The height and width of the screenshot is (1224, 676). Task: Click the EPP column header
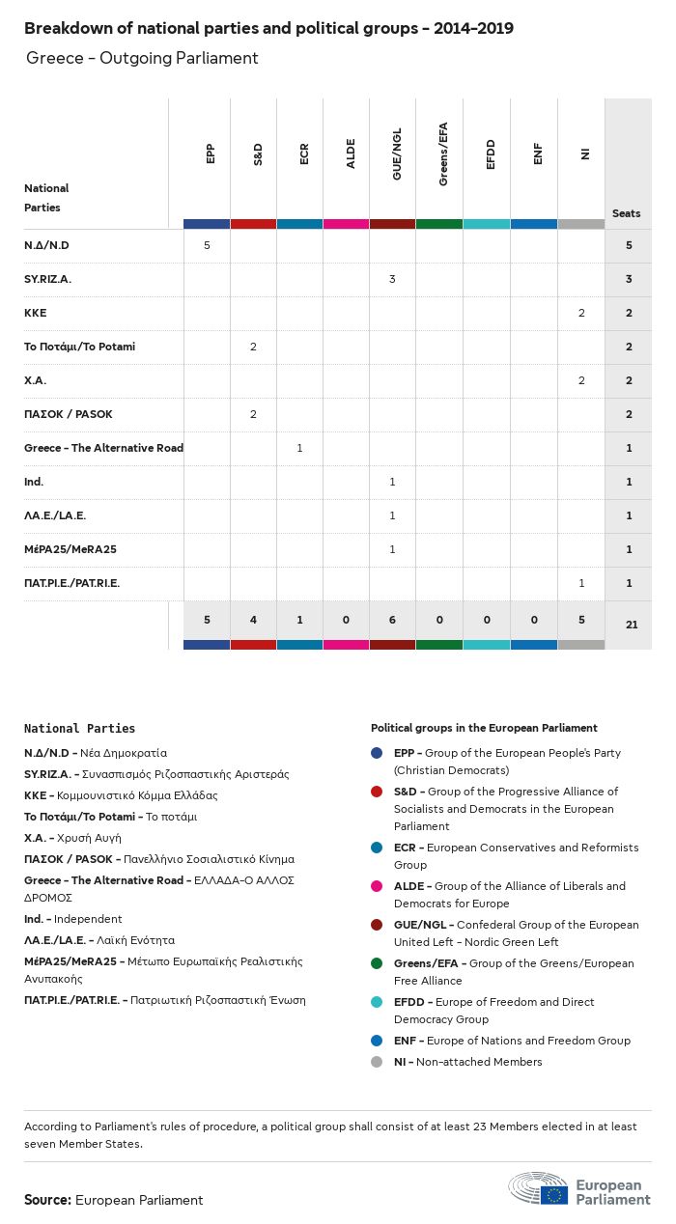[x=211, y=153]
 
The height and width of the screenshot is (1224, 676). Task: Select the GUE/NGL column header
[x=397, y=153]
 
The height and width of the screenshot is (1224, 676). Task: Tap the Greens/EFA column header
[x=443, y=153]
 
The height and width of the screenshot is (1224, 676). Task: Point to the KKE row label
[x=36, y=313]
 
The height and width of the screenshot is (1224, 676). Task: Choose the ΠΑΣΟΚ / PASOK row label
[x=69, y=414]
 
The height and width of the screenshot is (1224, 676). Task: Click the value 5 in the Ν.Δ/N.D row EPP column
[x=207, y=245]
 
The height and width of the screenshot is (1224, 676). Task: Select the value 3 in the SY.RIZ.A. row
[x=392, y=279]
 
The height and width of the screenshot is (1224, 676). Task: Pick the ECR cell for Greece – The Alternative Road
[x=299, y=448]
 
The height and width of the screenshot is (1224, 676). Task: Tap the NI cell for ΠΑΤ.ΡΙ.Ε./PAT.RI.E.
[x=581, y=583]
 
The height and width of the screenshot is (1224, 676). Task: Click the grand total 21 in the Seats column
[x=632, y=625]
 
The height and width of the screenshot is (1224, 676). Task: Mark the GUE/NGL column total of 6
[x=392, y=619]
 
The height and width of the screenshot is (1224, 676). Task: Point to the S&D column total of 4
[x=253, y=619]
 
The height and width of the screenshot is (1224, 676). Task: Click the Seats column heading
[x=626, y=213]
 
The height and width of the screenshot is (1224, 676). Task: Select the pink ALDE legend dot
[x=377, y=886]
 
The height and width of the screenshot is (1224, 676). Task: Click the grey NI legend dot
[x=377, y=1062]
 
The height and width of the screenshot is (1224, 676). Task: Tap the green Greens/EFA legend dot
[x=377, y=963]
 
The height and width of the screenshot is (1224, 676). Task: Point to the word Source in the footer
[x=47, y=1200]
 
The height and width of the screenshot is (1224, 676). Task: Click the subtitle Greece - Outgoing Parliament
[x=143, y=58]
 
